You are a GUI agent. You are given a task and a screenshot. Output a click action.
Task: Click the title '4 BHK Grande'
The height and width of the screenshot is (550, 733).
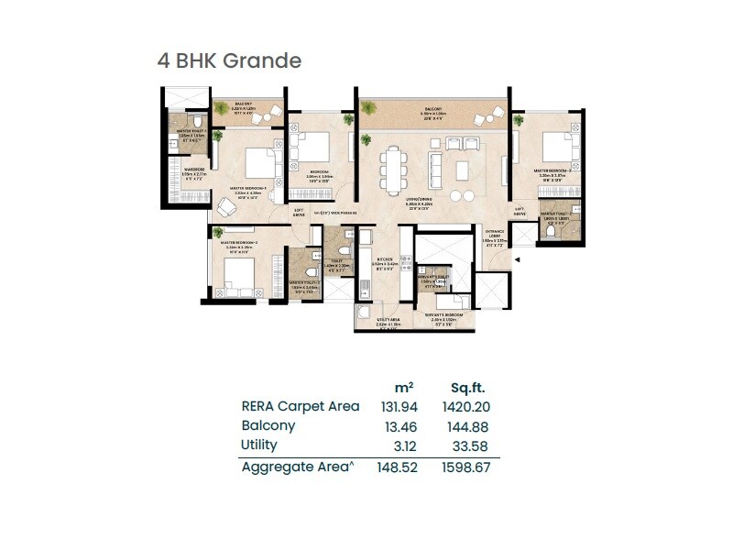coord(229,61)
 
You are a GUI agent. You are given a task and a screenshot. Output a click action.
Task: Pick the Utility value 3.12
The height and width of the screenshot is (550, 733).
coord(402,445)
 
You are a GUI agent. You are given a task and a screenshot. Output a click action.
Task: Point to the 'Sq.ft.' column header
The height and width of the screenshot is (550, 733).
coord(467,387)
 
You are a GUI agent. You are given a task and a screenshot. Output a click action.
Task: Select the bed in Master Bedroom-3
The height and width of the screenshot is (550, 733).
coord(555,146)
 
